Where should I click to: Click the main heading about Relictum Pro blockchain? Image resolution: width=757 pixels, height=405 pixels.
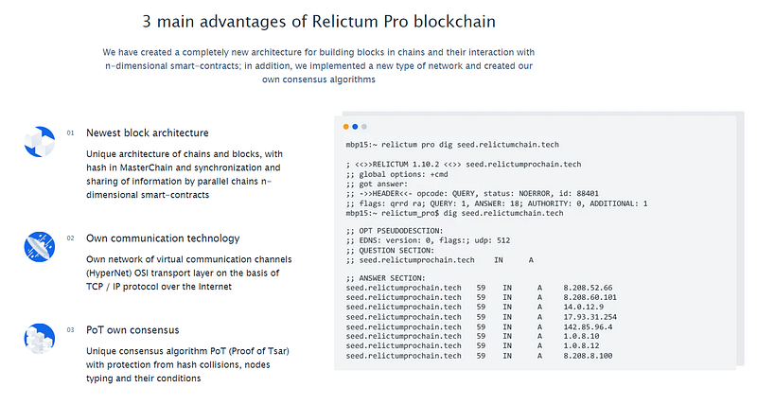[x=319, y=22]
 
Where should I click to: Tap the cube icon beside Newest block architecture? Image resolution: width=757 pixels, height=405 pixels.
[x=40, y=142]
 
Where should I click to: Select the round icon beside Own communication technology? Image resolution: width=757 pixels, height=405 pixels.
[x=40, y=247]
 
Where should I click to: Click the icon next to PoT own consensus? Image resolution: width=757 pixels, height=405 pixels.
[x=40, y=339]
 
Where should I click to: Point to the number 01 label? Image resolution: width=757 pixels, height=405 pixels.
[x=70, y=133]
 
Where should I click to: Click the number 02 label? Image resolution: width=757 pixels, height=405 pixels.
[x=70, y=238]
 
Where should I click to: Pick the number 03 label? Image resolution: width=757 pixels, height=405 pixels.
[x=70, y=330]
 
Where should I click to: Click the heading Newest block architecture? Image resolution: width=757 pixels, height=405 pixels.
[x=148, y=133]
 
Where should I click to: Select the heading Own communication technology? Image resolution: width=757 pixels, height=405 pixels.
[x=163, y=238]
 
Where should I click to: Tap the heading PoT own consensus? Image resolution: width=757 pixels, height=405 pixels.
[x=132, y=330]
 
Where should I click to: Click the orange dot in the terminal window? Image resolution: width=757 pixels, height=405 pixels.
[x=345, y=127]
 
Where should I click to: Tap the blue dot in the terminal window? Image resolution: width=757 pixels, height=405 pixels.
[x=355, y=127]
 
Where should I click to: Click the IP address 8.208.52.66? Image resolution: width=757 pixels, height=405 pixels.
[x=588, y=288]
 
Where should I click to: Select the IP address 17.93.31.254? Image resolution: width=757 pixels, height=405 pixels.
[x=590, y=317]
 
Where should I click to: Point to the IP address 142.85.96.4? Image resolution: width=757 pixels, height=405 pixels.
[x=588, y=326]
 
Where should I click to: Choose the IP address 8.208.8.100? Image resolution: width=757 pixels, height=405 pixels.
[x=588, y=356]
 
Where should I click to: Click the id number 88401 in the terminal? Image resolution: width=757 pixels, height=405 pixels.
[x=588, y=194]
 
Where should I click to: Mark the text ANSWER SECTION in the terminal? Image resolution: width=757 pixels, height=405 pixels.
[x=392, y=278]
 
